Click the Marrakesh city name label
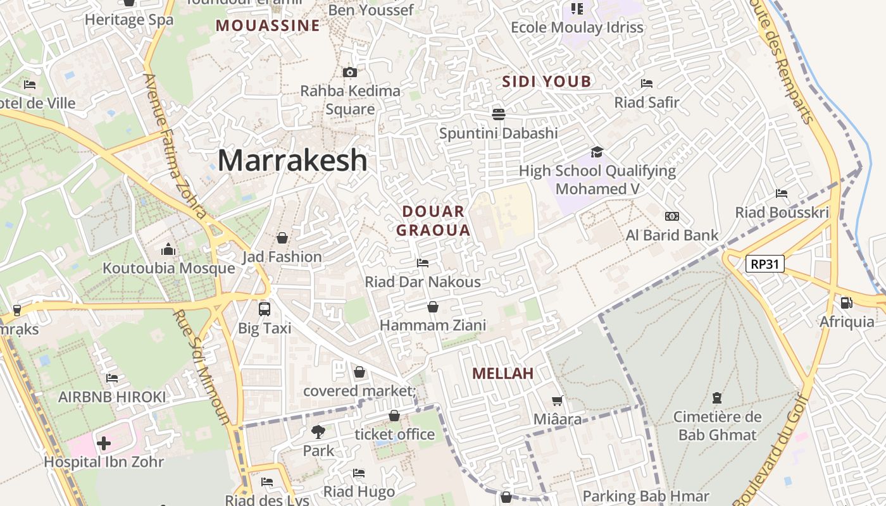tap(292, 161)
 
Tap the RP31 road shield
tap(764, 264)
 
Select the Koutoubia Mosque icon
tap(168, 249)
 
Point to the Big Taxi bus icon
tap(265, 309)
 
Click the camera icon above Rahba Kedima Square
tap(350, 72)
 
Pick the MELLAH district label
tap(503, 373)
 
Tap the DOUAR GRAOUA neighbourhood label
tap(434, 221)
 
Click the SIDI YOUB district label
tap(547, 81)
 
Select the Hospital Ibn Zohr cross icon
tap(104, 443)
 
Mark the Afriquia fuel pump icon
tap(846, 303)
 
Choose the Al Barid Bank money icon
tap(672, 216)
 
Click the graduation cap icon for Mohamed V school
tap(597, 152)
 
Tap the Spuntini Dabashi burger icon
tap(499, 114)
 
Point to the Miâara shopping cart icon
tap(558, 400)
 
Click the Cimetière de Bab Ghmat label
tap(717, 426)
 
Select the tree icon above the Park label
tap(318, 432)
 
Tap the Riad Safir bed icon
tap(647, 83)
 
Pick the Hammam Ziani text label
tap(433, 325)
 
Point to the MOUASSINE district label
tap(268, 25)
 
